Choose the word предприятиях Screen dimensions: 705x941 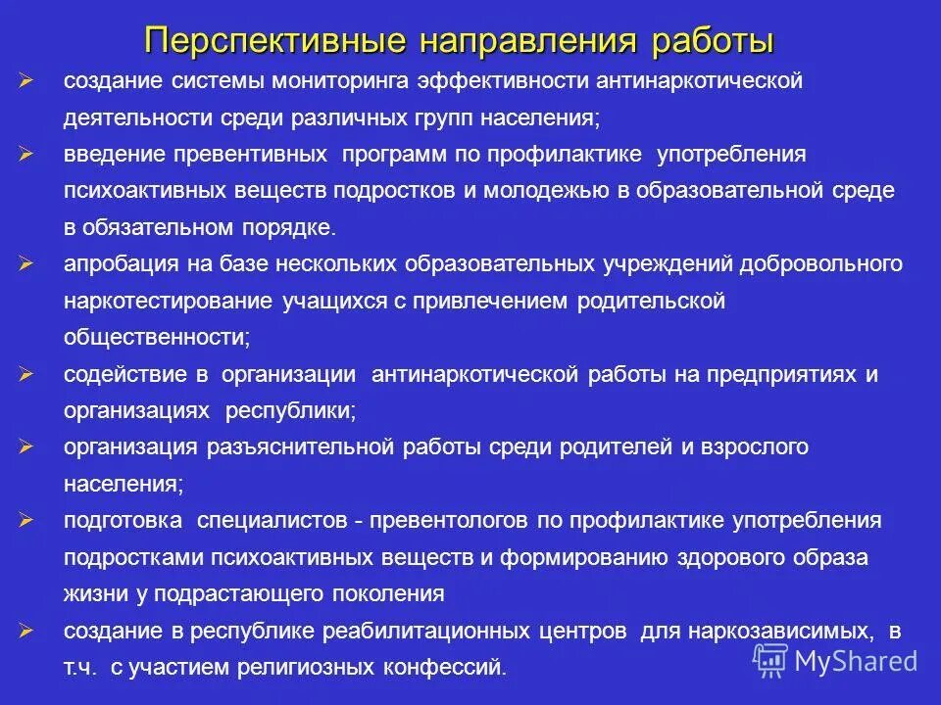[x=776, y=374]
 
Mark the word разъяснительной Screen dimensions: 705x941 [x=303, y=447]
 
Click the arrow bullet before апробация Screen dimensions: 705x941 [x=27, y=264]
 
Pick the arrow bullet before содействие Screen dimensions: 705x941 [x=27, y=374]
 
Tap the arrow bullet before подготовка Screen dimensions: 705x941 [x=27, y=520]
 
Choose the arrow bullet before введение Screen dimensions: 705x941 [x=27, y=155]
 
